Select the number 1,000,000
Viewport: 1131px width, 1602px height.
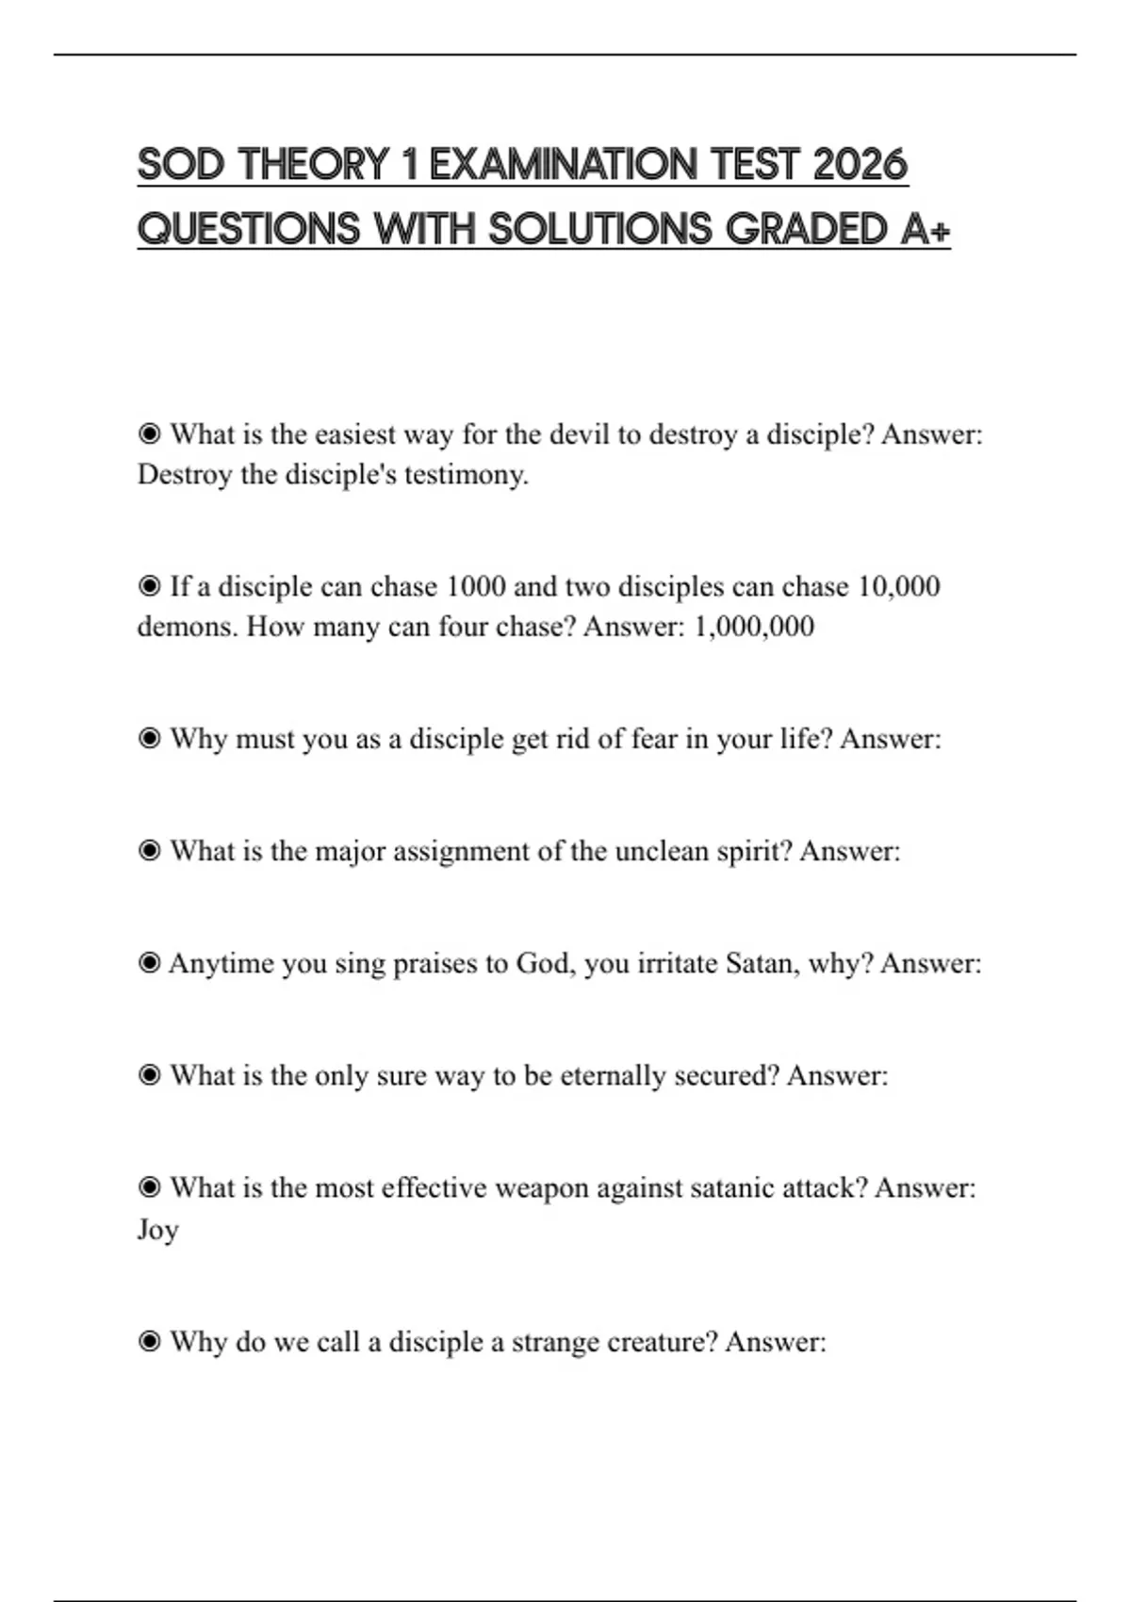[754, 627]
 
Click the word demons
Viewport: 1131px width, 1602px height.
[187, 627]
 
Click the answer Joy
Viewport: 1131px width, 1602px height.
[157, 1230]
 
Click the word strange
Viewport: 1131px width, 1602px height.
[555, 1341]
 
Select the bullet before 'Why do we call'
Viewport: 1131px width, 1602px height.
[149, 1341]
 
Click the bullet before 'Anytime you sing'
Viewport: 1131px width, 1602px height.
[149, 963]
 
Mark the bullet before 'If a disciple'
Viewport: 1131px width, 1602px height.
[149, 586]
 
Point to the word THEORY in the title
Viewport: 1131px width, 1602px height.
[314, 165]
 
